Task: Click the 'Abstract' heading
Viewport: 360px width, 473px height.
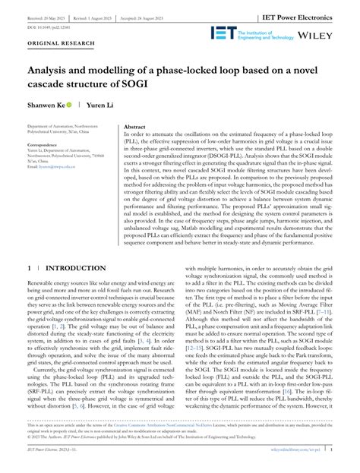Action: [x=135, y=128]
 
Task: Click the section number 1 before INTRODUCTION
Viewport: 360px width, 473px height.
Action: [x=28, y=269]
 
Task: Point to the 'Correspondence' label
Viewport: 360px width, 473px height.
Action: [x=48, y=143]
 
